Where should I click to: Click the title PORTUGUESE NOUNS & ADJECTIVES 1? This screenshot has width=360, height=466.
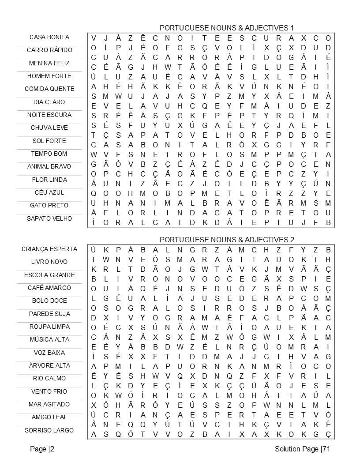click(227, 28)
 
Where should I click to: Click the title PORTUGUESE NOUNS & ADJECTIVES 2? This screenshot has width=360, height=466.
click(227, 240)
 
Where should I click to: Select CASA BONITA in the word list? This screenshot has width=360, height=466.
click(49, 37)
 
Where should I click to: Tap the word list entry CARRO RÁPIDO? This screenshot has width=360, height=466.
click(49, 50)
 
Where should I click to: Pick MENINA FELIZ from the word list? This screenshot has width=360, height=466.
click(49, 63)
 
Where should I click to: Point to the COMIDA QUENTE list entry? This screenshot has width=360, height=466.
click(49, 89)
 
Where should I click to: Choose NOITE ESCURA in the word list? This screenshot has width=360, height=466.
click(49, 115)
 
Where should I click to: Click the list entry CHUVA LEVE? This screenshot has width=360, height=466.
click(49, 128)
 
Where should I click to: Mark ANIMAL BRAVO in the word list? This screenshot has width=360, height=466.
click(49, 166)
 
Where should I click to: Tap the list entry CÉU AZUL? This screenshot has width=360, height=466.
click(49, 192)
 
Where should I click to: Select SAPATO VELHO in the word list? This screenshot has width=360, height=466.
click(49, 218)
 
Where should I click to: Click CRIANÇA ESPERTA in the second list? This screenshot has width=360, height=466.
click(49, 249)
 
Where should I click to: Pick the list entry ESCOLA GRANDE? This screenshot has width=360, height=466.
click(49, 275)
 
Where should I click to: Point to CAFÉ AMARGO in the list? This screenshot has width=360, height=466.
click(49, 288)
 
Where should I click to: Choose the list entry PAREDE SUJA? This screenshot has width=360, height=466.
click(49, 314)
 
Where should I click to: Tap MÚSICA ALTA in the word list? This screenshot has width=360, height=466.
click(49, 339)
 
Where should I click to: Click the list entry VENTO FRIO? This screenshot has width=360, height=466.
click(49, 391)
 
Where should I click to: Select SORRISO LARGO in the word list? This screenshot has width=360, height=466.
click(49, 430)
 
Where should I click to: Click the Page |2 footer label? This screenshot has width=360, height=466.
click(42, 449)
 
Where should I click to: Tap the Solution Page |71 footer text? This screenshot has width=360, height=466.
click(302, 449)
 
